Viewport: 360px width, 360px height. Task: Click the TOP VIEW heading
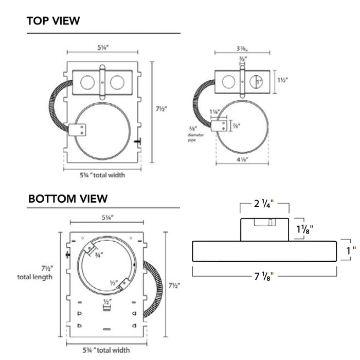point(53,21)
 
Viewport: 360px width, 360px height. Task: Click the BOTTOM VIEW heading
point(68,199)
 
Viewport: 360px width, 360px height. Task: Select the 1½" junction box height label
point(282,81)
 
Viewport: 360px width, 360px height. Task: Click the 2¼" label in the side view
point(264,203)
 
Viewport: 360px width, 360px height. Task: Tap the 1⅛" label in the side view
point(304,229)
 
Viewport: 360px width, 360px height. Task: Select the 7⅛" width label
point(264,276)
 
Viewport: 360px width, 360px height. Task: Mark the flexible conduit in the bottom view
point(153,288)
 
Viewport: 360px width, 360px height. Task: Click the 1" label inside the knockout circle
point(258,81)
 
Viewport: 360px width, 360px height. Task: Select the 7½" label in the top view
point(160,109)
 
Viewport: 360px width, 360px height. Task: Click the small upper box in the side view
point(264,229)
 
